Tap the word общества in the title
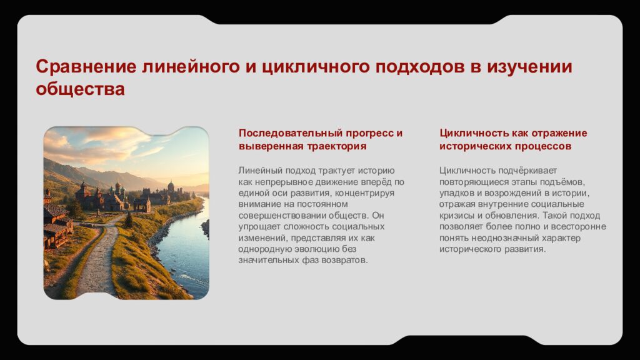(x=80, y=89)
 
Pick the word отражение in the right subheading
(x=558, y=133)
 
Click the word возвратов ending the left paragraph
(x=346, y=260)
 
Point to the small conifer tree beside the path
(x=128, y=220)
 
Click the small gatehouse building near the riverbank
(x=142, y=204)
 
